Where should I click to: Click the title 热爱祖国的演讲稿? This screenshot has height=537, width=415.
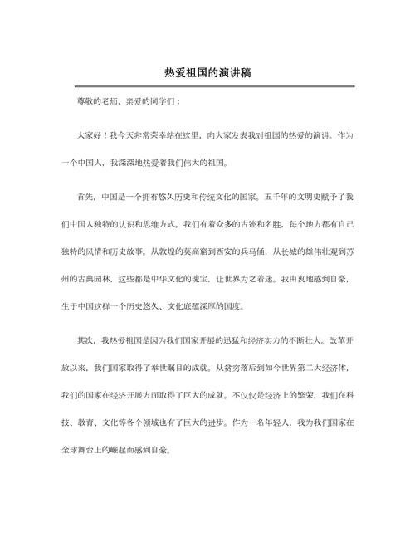point(207,72)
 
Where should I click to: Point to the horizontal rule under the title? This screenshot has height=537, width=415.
point(207,86)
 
